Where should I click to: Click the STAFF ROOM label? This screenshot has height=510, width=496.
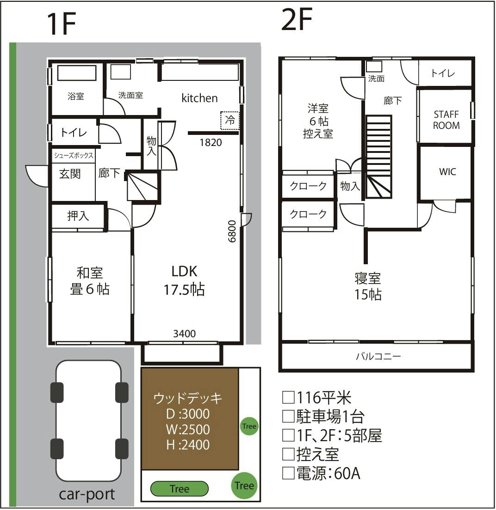[446, 120]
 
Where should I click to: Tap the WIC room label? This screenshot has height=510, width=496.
[447, 171]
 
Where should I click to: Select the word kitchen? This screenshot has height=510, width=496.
[199, 98]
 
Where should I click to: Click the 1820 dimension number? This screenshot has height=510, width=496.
[211, 142]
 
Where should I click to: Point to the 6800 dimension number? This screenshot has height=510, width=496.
[232, 231]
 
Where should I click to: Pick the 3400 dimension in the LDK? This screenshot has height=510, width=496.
[184, 334]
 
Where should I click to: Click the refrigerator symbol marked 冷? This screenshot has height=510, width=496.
[230, 121]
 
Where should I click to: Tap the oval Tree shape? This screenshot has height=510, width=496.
[179, 489]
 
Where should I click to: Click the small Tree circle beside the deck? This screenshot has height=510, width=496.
[249, 426]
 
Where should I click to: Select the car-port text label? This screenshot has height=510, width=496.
[87, 494]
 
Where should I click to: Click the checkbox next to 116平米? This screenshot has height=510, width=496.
[288, 397]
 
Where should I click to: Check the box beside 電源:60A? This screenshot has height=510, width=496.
[288, 473]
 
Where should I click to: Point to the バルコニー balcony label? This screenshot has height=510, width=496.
[378, 357]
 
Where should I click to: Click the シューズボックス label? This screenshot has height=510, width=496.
[74, 155]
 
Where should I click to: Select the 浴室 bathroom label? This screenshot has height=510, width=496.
[76, 96]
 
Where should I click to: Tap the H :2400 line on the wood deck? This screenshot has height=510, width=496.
[188, 444]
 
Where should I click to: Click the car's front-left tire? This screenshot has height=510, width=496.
[57, 393]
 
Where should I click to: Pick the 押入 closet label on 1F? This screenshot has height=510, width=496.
[78, 216]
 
